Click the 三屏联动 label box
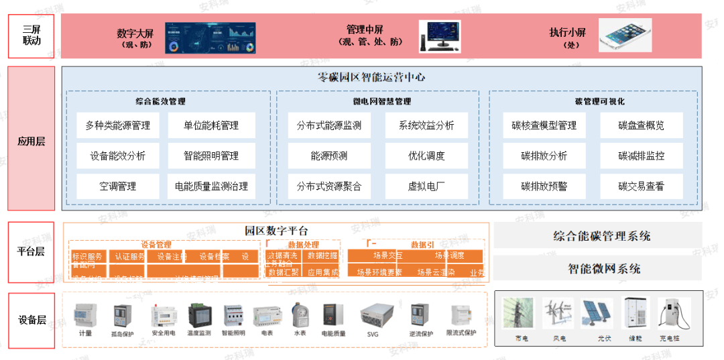tap(31, 36)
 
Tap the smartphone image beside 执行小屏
tap(625, 35)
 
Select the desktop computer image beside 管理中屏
tap(440, 36)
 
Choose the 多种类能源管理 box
tap(118, 125)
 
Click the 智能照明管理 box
tap(211, 156)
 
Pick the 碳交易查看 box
tap(641, 186)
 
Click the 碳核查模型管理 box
tap(544, 125)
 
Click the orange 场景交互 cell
tap(388, 255)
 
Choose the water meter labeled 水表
tap(300, 315)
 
